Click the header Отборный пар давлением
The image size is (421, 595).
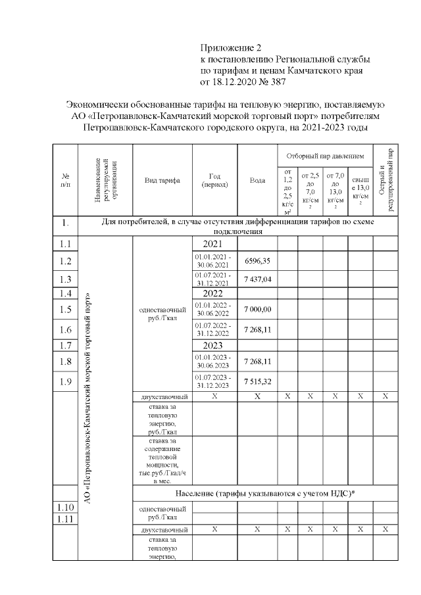(x=325, y=156)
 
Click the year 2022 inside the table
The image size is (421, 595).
(x=214, y=293)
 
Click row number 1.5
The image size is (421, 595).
(x=65, y=310)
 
